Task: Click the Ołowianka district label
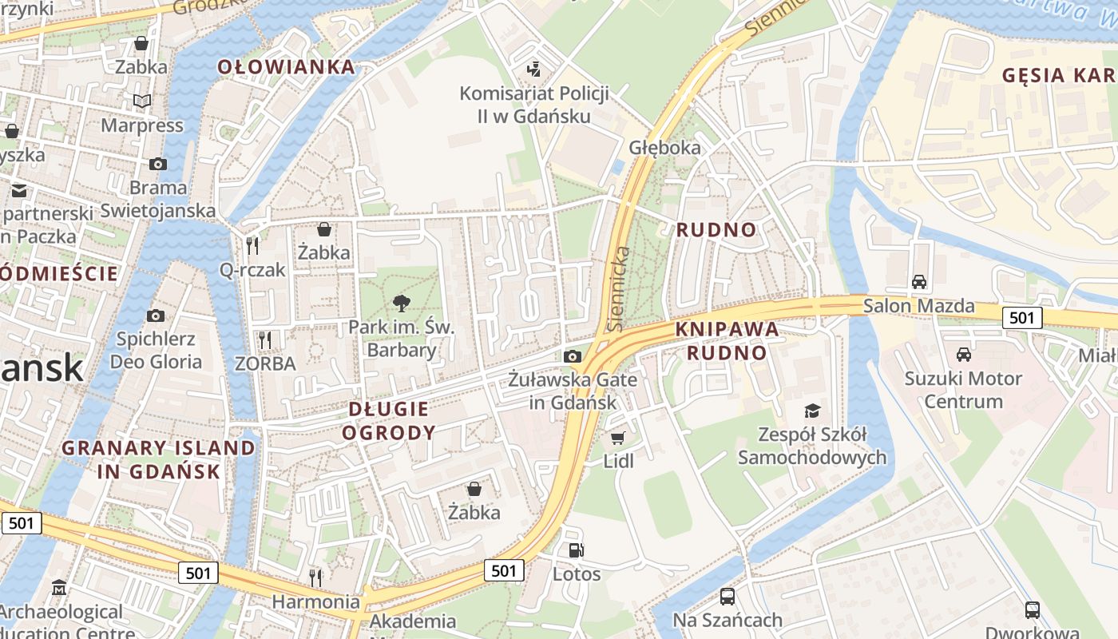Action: [x=286, y=67]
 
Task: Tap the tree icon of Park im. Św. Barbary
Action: [x=402, y=304]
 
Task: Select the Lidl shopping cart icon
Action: [x=617, y=438]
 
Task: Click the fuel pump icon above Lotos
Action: [x=576, y=550]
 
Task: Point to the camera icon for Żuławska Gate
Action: [x=573, y=356]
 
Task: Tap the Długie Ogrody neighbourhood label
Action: [x=389, y=421]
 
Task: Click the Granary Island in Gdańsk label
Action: [x=158, y=459]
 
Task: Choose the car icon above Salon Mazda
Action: [x=919, y=281]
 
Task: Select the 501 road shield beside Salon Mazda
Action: [x=1021, y=318]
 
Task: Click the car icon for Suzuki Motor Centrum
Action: [x=964, y=354]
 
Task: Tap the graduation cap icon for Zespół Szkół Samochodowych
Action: [x=812, y=411]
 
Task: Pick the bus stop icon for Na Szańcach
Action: [x=727, y=596]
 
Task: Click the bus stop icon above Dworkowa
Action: [x=1033, y=610]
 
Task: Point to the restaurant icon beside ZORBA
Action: [x=265, y=340]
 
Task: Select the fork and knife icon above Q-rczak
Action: [x=253, y=245]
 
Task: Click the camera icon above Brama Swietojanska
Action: [x=158, y=164]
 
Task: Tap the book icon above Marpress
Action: [x=142, y=101]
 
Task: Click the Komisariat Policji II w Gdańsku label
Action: [x=534, y=105]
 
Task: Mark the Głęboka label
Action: [x=664, y=148]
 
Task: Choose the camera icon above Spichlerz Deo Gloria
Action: [x=156, y=316]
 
